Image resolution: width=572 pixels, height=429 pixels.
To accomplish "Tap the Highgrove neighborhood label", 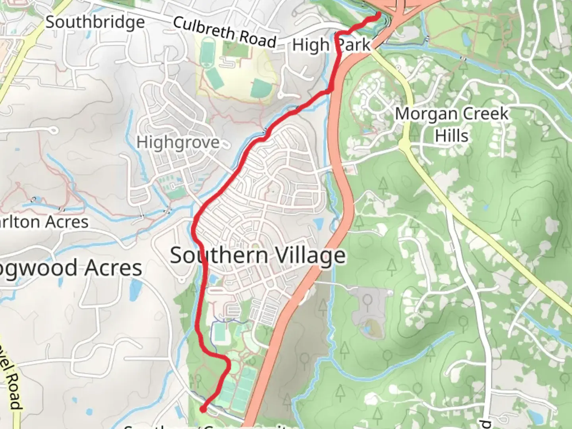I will [178, 142].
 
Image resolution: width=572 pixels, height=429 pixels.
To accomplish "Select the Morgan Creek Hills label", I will [452, 124].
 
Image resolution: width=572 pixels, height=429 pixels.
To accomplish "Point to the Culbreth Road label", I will [224, 32].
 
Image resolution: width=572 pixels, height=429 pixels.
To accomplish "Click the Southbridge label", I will [95, 22].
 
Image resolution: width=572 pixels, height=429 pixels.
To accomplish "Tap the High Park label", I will [331, 45].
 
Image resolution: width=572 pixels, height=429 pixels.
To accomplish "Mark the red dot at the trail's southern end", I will [203, 409].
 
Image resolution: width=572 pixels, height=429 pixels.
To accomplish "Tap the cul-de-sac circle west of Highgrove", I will [52, 130].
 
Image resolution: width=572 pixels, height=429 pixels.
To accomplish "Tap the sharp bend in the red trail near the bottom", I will [227, 361].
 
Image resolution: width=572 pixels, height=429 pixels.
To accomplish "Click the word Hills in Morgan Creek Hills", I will [452, 135].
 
